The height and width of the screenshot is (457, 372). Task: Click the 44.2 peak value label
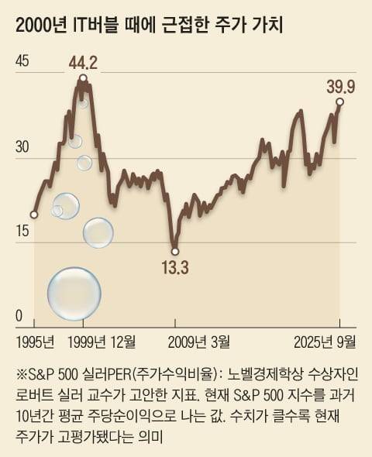83,62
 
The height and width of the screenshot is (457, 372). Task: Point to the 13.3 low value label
175,269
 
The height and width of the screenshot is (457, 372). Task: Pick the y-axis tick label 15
21,231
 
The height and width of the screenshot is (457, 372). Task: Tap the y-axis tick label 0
19,316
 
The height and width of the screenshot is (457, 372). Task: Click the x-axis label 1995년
34,341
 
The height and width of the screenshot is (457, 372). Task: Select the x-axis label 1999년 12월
102,341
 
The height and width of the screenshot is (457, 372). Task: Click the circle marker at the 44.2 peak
83,77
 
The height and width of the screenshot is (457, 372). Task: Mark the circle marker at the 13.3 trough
175,250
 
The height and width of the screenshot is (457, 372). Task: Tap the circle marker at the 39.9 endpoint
339,101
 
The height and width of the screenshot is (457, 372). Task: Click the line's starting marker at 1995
34,214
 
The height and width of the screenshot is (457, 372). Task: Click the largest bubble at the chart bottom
74,294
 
